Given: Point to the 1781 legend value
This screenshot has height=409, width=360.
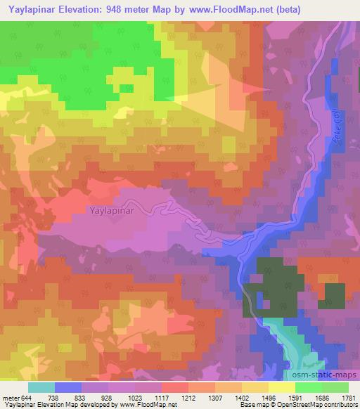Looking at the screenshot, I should pyautogui.click(x=349, y=398).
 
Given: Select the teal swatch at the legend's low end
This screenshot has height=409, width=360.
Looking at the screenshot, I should pyautogui.click(x=42, y=387).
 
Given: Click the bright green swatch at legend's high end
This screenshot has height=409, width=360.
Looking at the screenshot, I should pyautogui.click(x=335, y=387).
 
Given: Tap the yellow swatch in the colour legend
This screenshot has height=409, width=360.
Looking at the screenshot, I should pyautogui.click(x=281, y=387).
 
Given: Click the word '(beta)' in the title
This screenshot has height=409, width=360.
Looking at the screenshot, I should pyautogui.click(x=338, y=10).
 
